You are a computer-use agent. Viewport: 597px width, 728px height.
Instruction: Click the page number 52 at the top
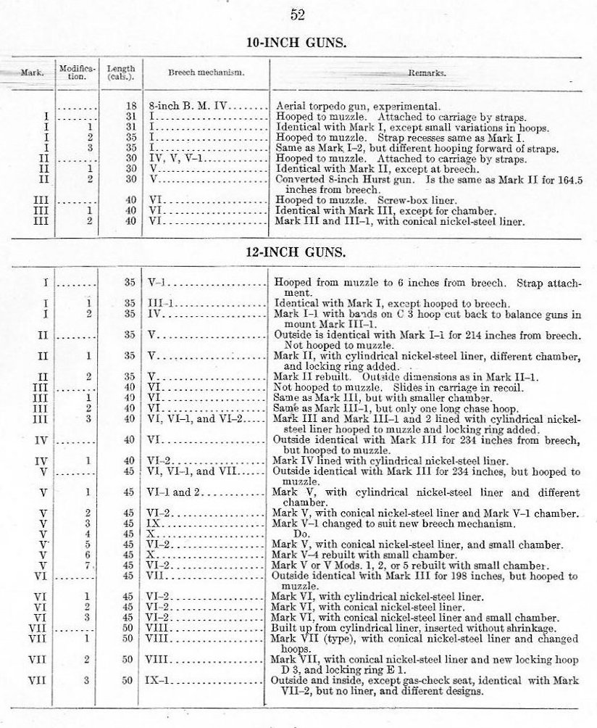coord(297,15)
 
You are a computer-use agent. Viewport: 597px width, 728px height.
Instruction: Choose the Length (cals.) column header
coord(120,73)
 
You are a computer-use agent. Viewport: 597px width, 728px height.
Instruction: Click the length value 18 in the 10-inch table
coord(131,105)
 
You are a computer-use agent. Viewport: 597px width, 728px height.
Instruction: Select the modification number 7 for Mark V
coord(88,565)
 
